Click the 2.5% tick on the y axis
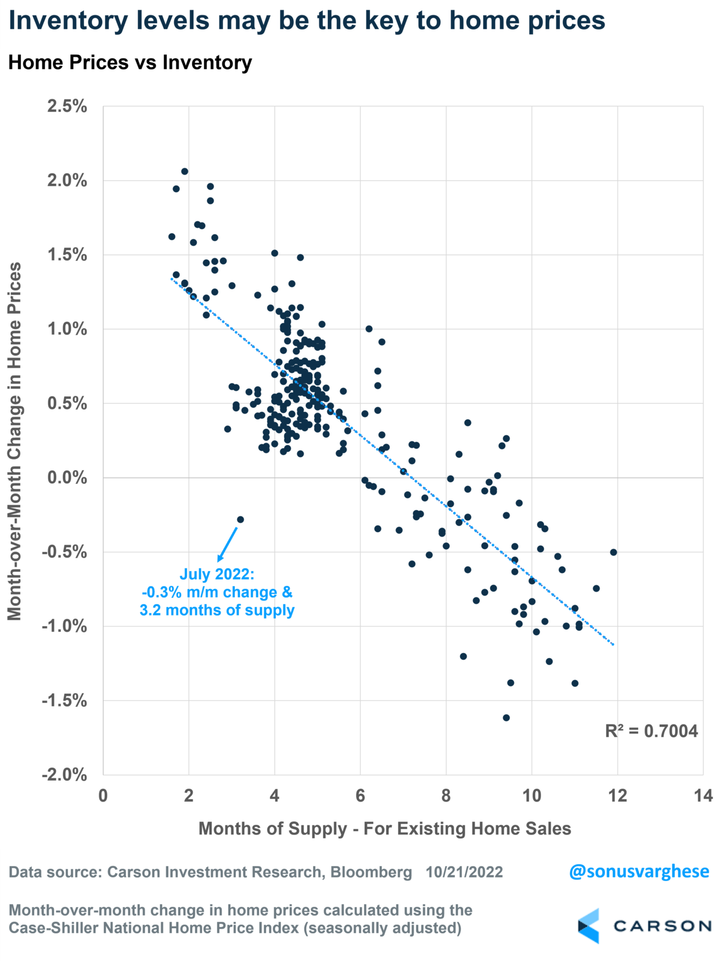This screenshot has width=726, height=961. [x=67, y=106]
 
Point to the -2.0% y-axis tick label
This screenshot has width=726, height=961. [x=64, y=774]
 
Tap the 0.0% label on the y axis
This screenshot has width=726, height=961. [x=67, y=478]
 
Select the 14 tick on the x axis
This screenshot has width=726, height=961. [x=703, y=796]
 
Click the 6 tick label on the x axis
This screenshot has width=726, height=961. [x=360, y=796]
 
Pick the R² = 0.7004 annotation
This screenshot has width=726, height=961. [x=651, y=731]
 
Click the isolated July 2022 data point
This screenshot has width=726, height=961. [x=240, y=519]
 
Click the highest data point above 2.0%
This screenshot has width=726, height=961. [x=184, y=171]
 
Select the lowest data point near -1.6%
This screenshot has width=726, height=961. [x=506, y=718]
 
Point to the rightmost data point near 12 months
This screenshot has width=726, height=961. [x=613, y=552]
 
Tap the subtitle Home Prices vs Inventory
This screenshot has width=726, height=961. [x=130, y=62]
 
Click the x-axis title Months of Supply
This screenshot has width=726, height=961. [x=385, y=828]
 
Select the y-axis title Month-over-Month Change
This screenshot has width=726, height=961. [x=14, y=441]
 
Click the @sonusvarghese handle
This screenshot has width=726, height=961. [x=639, y=871]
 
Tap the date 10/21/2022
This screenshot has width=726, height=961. [x=465, y=872]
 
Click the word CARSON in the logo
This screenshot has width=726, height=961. [x=662, y=926]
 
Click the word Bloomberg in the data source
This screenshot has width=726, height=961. [x=371, y=872]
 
